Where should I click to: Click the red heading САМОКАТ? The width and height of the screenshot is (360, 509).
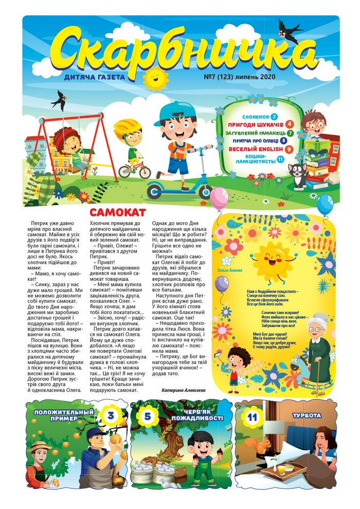click(x=118, y=212)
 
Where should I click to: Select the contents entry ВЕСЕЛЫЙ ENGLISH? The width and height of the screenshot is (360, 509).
click(x=256, y=149)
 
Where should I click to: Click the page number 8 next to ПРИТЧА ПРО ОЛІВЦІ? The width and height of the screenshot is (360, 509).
click(x=284, y=140)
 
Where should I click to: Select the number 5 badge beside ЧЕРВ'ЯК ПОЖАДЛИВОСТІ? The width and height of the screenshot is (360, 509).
click(x=147, y=417)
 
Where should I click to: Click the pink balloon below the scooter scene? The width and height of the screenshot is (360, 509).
click(x=219, y=198)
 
